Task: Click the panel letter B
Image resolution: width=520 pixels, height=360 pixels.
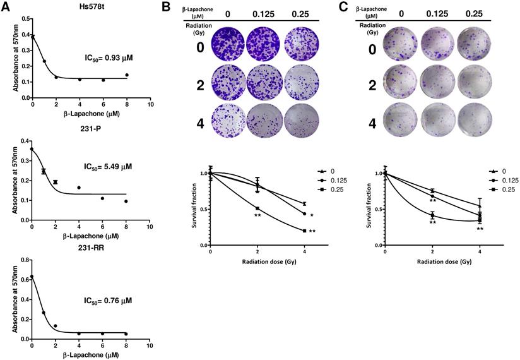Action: coord(167,7)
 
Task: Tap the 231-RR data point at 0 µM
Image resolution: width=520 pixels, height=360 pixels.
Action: coord(32,277)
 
